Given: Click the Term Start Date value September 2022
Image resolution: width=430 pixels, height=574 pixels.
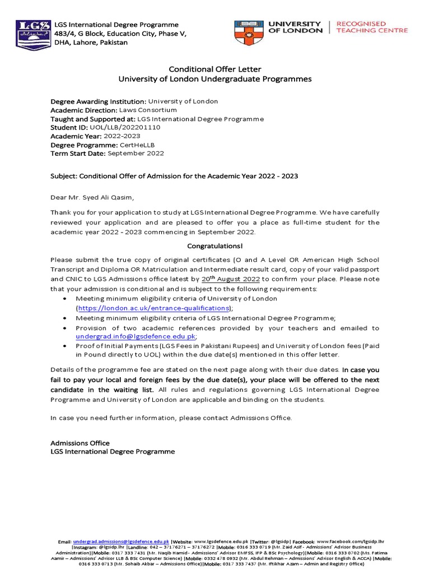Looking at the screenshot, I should click(x=136, y=154).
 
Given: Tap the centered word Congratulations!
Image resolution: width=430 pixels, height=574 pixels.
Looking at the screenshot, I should click(x=215, y=246).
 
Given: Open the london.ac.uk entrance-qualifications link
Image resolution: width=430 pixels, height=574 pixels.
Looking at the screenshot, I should click(x=153, y=308).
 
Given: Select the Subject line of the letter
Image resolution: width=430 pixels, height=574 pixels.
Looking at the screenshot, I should click(x=174, y=176).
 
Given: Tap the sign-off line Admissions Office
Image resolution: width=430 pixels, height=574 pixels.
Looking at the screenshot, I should click(x=80, y=443).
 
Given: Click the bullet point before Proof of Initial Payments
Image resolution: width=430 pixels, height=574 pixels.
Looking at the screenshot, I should click(x=67, y=346).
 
